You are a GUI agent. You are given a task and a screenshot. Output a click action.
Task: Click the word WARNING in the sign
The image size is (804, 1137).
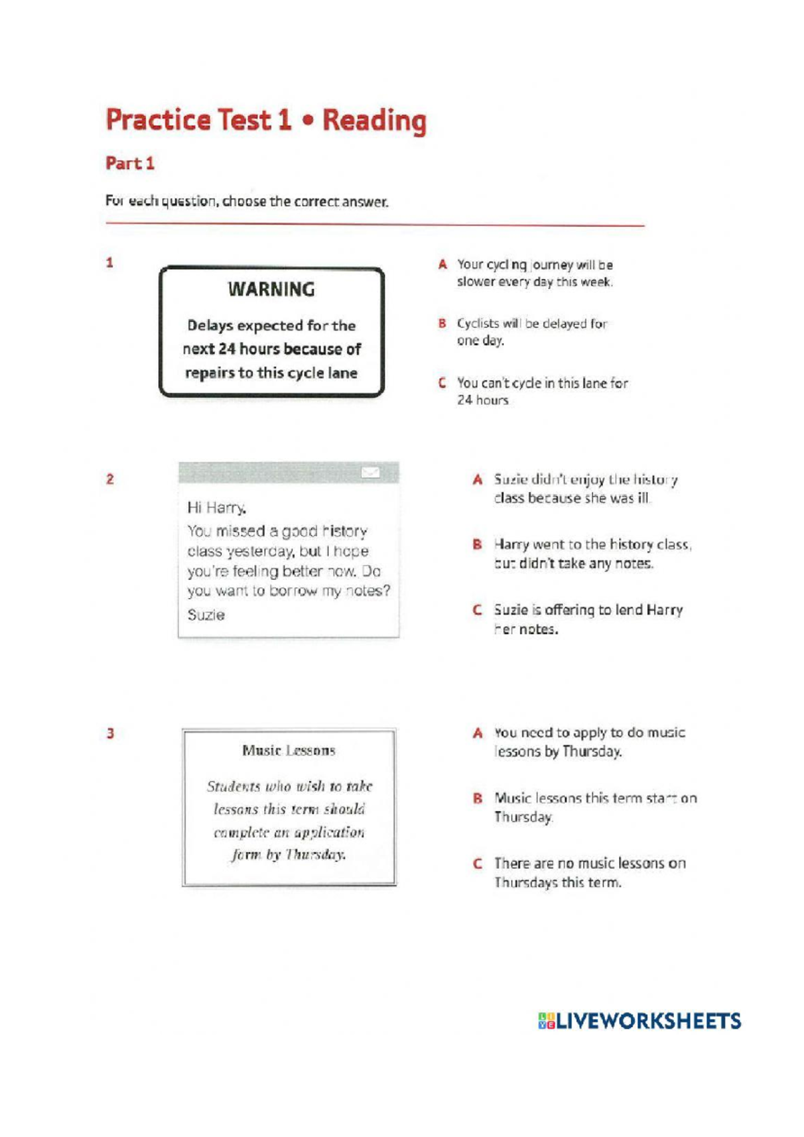[x=271, y=290]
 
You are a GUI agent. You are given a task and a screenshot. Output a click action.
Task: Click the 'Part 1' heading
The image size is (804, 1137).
[x=130, y=164]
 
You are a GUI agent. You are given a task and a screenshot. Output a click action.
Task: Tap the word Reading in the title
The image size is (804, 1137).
[x=374, y=121]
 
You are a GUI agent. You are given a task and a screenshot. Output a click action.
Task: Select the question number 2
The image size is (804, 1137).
[x=110, y=479]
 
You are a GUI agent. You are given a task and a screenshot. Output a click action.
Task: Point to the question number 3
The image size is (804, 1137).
[x=110, y=733]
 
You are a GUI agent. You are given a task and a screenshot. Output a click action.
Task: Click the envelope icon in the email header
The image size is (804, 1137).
[x=371, y=473]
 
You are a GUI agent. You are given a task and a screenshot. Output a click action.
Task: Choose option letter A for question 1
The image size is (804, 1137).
[x=442, y=265]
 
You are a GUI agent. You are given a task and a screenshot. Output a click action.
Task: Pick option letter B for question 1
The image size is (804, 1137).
[x=442, y=324]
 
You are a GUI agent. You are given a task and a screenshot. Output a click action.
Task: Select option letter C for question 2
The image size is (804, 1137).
[x=477, y=610]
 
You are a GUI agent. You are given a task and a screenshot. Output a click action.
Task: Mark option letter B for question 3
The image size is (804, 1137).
[x=477, y=798]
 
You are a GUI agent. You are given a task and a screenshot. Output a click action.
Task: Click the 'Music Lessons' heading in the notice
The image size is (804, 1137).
[x=289, y=751]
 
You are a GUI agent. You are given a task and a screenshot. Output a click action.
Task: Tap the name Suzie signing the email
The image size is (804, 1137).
[x=206, y=615]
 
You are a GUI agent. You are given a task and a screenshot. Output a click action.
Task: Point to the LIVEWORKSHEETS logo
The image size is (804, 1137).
[x=639, y=1021]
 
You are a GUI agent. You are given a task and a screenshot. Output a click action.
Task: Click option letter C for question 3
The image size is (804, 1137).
[x=477, y=863]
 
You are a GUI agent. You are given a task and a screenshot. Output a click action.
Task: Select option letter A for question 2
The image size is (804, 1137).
[x=477, y=480]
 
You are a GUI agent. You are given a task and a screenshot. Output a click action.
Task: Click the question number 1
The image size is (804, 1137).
[x=110, y=263]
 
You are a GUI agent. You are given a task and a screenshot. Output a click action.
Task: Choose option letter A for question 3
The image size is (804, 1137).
[x=477, y=733]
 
